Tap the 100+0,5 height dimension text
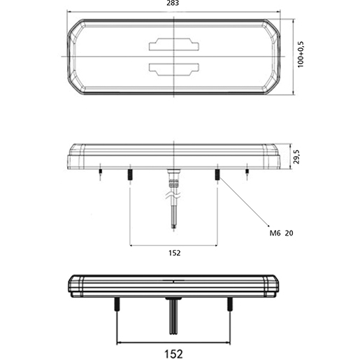pyautogui.click(x=301, y=55)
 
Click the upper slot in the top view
pyautogui.click(x=173, y=45)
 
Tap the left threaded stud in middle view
pyautogui.click(x=130, y=174)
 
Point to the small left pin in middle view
pyautogui.click(x=101, y=171)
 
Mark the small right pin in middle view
pyautogui.click(x=246, y=171)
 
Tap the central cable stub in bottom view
pyautogui.click(x=172, y=315)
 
